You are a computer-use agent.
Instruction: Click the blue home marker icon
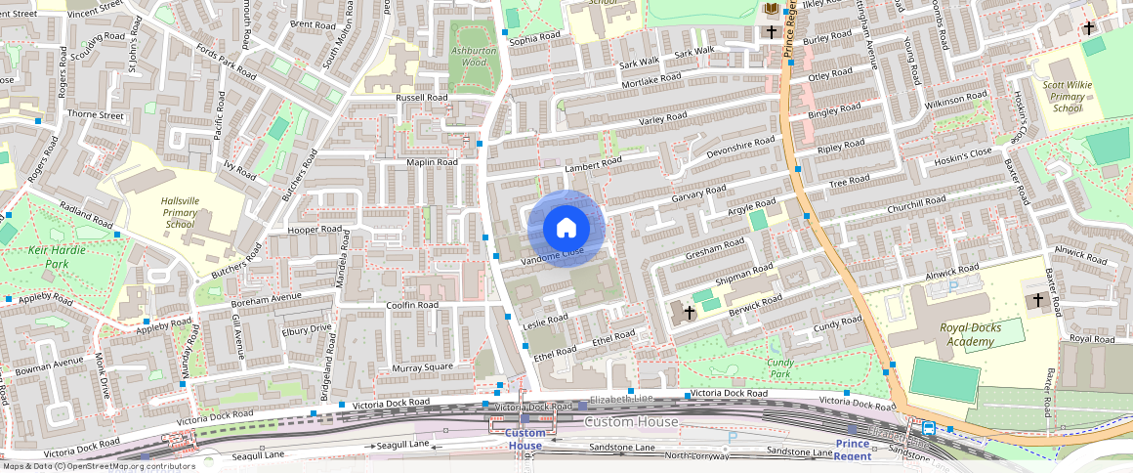[566, 229]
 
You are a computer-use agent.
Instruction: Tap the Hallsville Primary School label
[180, 212]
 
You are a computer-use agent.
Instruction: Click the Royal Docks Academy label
[970, 334]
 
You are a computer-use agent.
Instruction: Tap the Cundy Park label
[778, 367]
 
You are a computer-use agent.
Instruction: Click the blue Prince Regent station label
[852, 450]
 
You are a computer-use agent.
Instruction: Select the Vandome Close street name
[553, 255]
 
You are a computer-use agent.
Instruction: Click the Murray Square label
[422, 367]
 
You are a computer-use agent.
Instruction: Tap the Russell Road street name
[421, 99]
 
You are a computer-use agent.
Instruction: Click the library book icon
[772, 9]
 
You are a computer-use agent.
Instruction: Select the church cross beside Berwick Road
[690, 312]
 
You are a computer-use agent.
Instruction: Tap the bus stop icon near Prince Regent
[928, 427]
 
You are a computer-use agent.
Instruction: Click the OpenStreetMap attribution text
[99, 466]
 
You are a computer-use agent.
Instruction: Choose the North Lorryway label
[696, 456]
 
